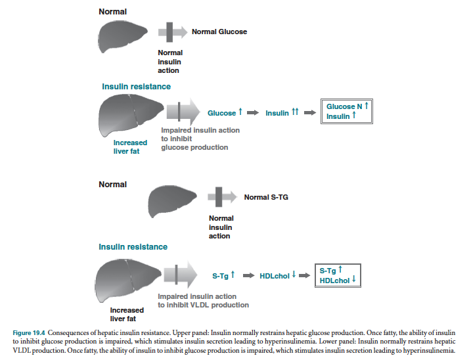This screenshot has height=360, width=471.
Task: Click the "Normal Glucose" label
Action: [x=219, y=32]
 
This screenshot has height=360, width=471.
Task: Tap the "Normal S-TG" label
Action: [x=266, y=197]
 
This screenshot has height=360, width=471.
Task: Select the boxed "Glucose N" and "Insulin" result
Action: [x=347, y=111]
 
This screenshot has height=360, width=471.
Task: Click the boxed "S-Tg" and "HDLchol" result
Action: [x=338, y=275]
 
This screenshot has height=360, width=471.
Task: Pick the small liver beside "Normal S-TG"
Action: [x=171, y=201]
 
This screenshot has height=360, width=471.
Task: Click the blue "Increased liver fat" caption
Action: [x=130, y=147]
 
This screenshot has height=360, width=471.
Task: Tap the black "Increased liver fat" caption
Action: [x=127, y=314]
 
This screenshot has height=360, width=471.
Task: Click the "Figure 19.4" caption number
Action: [x=29, y=332]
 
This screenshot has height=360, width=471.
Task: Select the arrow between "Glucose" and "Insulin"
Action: [x=253, y=113]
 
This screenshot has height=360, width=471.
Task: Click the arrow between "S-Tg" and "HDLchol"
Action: [x=249, y=275]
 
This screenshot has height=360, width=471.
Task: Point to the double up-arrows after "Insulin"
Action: [x=295, y=112]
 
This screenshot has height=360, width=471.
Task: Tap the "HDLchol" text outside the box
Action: [x=275, y=276]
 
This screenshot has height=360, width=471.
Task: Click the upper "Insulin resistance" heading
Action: [x=137, y=87]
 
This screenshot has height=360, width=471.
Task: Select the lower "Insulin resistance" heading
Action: [x=133, y=247]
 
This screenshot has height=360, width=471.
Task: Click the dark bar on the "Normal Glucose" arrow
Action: [x=169, y=32]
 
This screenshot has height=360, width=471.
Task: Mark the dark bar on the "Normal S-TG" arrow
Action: [x=219, y=197]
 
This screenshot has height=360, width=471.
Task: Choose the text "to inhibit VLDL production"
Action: [x=204, y=305]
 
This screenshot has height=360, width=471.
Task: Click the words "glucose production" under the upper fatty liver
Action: [x=194, y=147]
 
